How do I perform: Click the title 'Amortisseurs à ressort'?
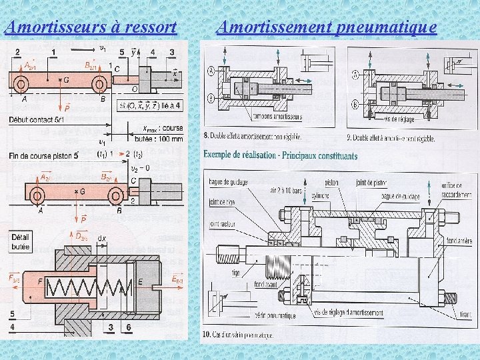(x=91, y=28)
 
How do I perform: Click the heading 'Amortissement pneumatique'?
(x=327, y=28)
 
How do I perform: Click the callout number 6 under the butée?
(x=128, y=327)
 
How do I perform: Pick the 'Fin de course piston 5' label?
(x=44, y=155)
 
